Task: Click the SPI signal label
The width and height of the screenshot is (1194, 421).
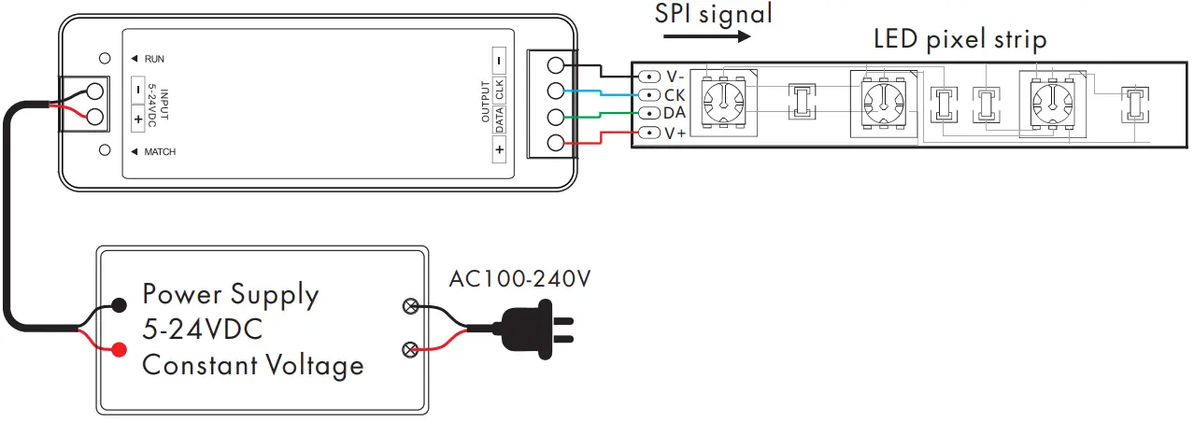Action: pos(714,14)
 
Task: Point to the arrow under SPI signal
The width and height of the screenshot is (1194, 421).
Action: pos(706,37)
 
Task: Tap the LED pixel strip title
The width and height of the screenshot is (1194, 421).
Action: pos(959,39)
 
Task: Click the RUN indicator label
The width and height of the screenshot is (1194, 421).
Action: pos(154,60)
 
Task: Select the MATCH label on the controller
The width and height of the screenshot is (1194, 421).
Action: pos(159,151)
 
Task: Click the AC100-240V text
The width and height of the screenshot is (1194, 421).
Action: pos(520,279)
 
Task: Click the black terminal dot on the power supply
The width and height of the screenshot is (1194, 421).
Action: pos(120,304)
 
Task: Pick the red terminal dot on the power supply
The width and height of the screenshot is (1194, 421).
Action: pos(120,350)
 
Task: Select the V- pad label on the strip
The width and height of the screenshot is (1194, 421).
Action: pos(675,76)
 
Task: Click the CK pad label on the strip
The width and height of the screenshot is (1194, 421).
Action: pos(675,94)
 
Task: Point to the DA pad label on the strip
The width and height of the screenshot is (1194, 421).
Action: pos(675,113)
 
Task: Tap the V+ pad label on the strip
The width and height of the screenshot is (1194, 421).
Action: pos(675,133)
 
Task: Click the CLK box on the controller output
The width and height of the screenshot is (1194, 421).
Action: pos(500,91)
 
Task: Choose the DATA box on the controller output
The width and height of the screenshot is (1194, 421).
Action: pos(500,119)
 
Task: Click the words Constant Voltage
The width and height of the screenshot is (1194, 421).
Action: pos(252,364)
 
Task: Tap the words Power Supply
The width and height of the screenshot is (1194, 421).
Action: pos(230,295)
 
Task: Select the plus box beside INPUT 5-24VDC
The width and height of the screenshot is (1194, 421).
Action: pos(138,119)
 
